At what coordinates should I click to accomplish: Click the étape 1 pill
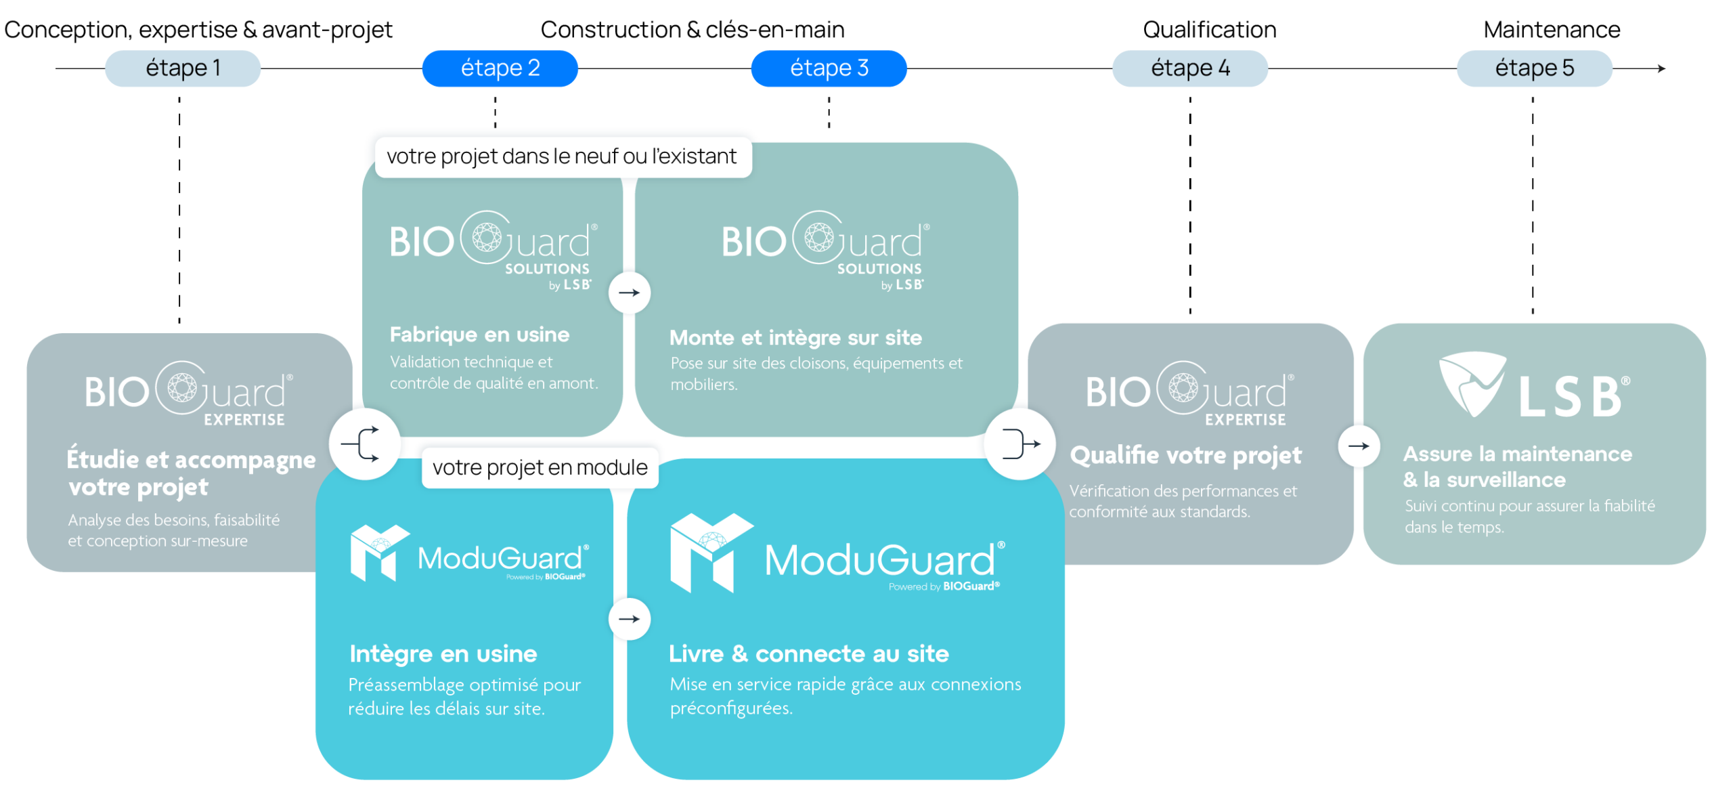pyautogui.click(x=183, y=68)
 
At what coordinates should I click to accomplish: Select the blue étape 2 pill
pyautogui.click(x=500, y=68)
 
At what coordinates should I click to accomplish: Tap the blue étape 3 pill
pyautogui.click(x=829, y=68)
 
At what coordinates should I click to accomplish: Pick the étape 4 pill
pyautogui.click(x=1190, y=68)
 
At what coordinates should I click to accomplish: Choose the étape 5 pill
pyautogui.click(x=1534, y=68)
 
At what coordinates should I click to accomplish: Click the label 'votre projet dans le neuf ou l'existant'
pyautogui.click(x=563, y=157)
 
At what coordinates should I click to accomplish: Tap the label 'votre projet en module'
pyautogui.click(x=540, y=467)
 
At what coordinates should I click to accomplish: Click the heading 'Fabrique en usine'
pyautogui.click(x=479, y=335)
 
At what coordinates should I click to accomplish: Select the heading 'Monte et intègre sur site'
pyautogui.click(x=795, y=337)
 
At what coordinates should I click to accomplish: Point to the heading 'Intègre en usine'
pyautogui.click(x=443, y=654)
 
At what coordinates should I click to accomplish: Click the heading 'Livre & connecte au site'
pyautogui.click(x=808, y=654)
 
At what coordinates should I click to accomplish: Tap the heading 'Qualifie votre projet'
pyautogui.click(x=1185, y=456)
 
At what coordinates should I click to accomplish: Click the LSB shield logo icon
pyautogui.click(x=1473, y=383)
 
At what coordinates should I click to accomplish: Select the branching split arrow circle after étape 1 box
pyautogui.click(x=364, y=444)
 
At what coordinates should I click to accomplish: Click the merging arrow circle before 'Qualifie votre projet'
pyautogui.click(x=1019, y=444)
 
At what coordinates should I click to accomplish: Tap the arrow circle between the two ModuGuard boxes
pyautogui.click(x=630, y=619)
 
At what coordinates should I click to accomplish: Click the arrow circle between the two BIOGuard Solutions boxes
pyautogui.click(x=630, y=293)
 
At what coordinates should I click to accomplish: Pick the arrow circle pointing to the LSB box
pyautogui.click(x=1359, y=446)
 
